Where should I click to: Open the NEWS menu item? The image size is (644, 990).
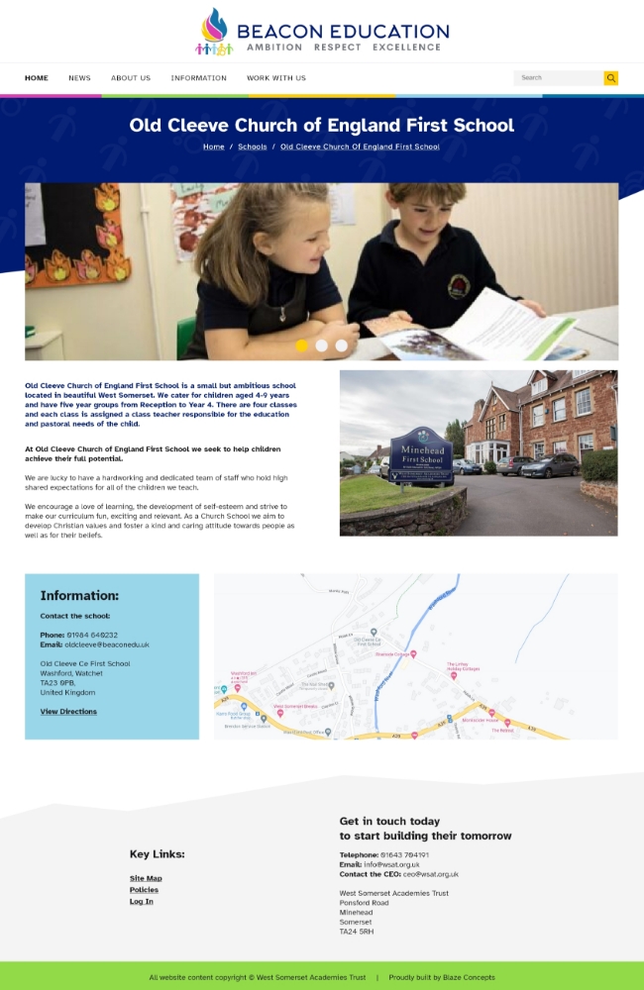(x=79, y=78)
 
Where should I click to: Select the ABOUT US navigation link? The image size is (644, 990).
(x=131, y=78)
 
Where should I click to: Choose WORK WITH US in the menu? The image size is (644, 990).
(x=276, y=78)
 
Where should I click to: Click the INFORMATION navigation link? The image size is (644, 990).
(x=198, y=78)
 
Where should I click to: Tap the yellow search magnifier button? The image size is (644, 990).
(x=611, y=78)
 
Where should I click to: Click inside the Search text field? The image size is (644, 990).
(x=558, y=78)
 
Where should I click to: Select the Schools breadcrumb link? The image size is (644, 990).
(x=252, y=147)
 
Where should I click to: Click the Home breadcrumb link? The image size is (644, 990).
(x=213, y=147)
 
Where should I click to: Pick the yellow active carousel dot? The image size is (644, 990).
(x=301, y=346)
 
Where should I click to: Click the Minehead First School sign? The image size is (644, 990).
(x=421, y=454)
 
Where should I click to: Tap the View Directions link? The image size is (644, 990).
(x=68, y=712)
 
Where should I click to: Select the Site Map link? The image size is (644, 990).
(x=146, y=878)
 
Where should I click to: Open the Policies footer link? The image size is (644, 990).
(x=144, y=890)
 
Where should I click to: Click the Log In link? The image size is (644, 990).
(x=142, y=902)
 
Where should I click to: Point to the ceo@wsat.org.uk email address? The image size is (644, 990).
(x=430, y=874)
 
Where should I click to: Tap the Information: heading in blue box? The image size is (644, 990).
(x=79, y=596)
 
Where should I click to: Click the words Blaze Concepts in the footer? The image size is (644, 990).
(x=469, y=977)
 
